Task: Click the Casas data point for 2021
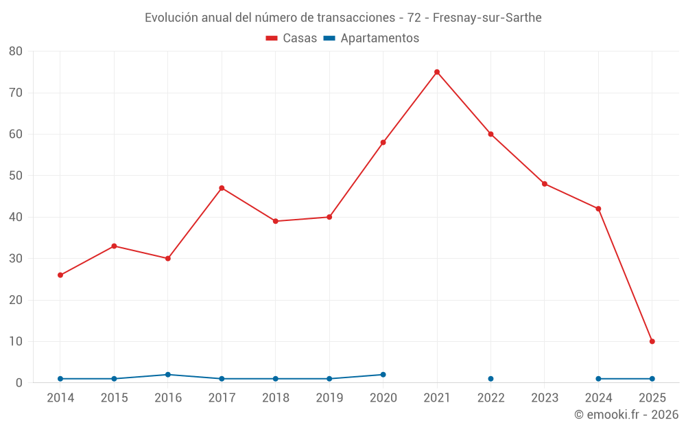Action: tap(437, 72)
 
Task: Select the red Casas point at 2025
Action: tap(652, 341)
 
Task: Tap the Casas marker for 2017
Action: tap(222, 188)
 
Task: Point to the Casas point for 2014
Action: tap(60, 275)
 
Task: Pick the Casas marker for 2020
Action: tap(383, 143)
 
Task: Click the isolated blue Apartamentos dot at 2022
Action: tap(490, 379)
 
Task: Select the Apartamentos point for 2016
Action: tap(168, 375)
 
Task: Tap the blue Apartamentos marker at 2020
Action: tap(383, 375)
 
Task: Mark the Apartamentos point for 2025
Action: tap(652, 379)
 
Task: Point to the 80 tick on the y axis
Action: tap(16, 51)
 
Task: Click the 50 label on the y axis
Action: tap(16, 176)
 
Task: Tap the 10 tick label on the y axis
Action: tap(16, 341)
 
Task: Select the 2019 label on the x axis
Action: tap(329, 398)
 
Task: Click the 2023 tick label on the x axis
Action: tap(545, 398)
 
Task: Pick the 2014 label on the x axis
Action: tap(60, 398)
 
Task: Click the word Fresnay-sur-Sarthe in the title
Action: tap(487, 18)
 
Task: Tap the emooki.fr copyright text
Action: tap(626, 415)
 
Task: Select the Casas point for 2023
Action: tap(545, 184)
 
